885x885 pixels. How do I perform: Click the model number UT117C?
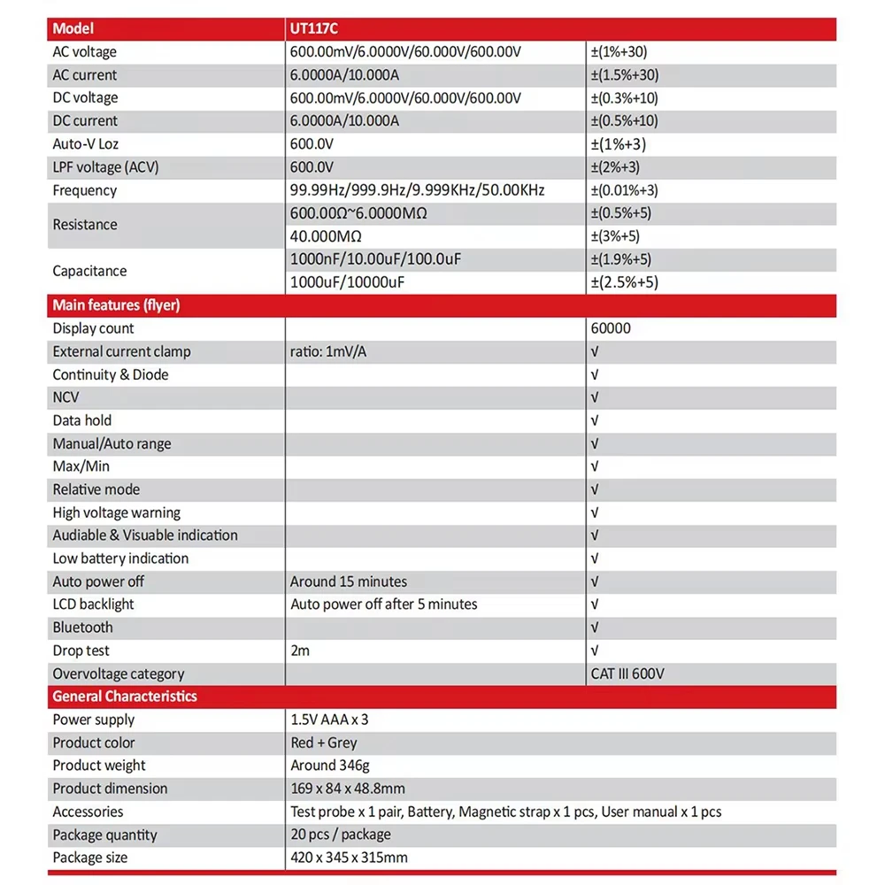[314, 29]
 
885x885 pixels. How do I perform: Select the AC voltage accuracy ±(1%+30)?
[625, 52]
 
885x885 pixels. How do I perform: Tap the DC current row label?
[85, 121]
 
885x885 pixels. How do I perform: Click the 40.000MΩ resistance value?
[327, 236]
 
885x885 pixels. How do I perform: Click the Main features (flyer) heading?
[116, 305]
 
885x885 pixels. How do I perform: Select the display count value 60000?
[611, 328]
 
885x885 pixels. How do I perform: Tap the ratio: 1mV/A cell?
[328, 351]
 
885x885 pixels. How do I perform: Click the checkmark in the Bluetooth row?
[595, 627]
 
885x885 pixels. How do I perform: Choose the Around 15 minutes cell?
[349, 581]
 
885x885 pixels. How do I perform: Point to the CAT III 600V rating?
[627, 673]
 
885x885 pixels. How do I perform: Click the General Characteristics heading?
[125, 696]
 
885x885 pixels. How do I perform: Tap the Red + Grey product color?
[324, 743]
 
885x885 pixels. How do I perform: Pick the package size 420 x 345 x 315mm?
[350, 858]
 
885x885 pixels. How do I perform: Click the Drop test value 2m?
[301, 650]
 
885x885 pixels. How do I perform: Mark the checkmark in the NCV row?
[595, 397]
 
